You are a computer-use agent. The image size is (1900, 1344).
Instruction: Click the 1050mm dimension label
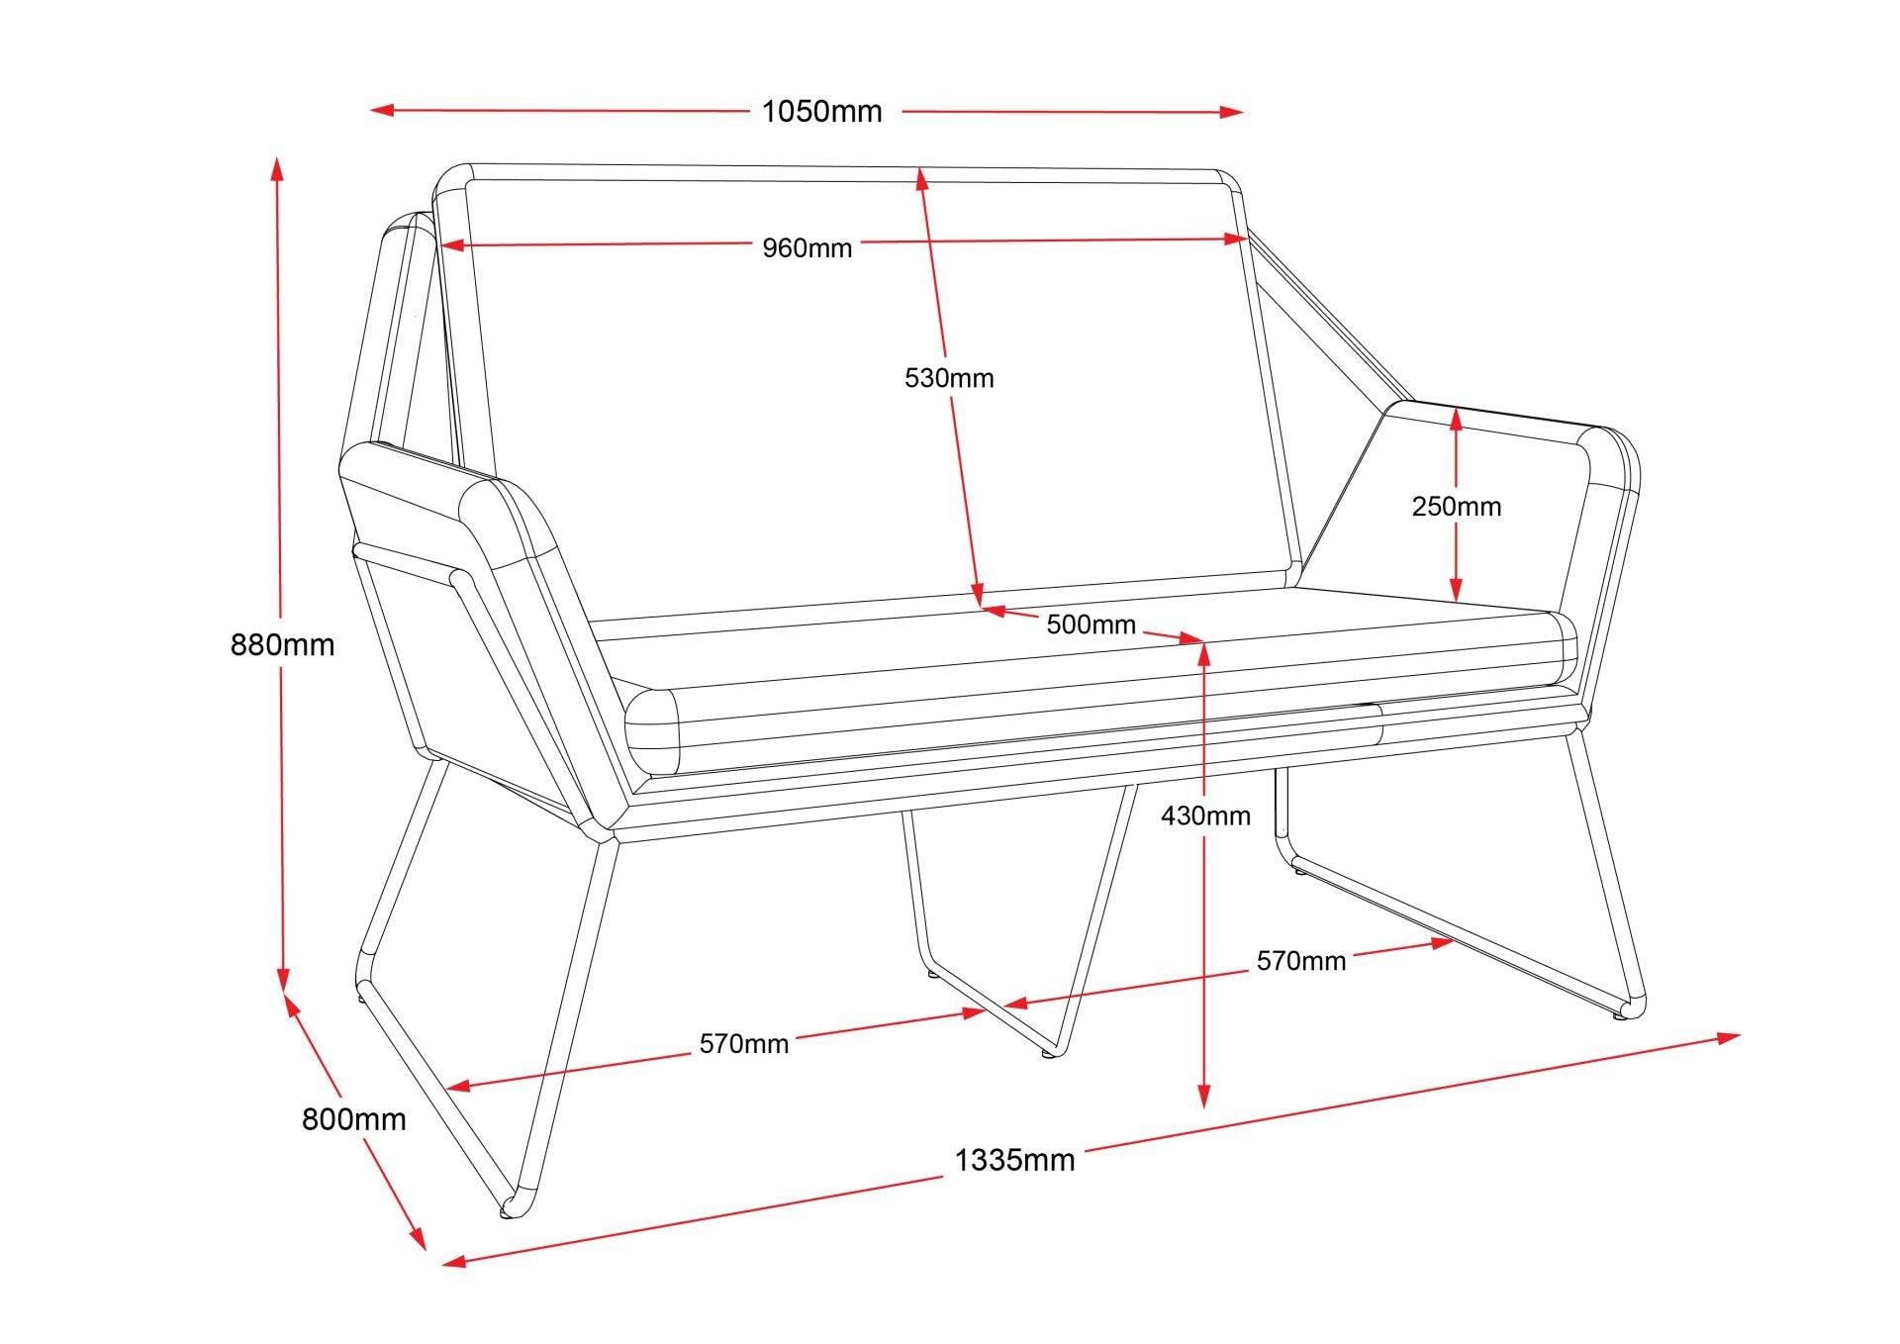pos(821,112)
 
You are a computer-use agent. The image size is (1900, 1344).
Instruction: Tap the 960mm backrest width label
pos(807,247)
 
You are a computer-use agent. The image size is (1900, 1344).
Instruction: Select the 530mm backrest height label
pos(949,378)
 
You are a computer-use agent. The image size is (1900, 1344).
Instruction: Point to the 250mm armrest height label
pos(1456,507)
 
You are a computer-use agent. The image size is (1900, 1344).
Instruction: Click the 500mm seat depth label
pos(1091,624)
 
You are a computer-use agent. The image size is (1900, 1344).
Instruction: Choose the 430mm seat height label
pos(1205,816)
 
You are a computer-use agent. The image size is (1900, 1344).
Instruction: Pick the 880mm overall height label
pos(282,645)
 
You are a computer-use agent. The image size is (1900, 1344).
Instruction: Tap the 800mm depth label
pos(353,1119)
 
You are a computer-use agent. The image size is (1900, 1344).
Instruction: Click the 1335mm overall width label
pos(1014,1160)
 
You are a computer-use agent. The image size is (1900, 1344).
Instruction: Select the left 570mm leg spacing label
pos(743,1044)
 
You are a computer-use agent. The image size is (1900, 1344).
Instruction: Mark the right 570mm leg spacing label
pos(1300,961)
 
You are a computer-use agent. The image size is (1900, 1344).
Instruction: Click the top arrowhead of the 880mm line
pos(277,167)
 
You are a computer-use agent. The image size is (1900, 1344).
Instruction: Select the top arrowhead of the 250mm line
pos(1456,420)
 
